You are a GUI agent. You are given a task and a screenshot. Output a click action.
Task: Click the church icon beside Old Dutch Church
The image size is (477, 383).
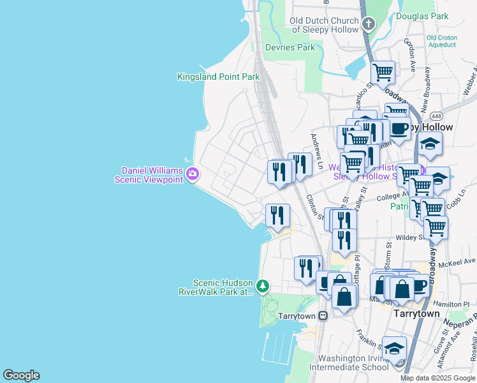368,25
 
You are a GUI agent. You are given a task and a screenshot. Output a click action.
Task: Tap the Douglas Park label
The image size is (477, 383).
422,16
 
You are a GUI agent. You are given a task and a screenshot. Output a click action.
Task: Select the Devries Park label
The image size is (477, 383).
291,47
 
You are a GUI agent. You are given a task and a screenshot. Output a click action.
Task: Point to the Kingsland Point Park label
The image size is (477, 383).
218,77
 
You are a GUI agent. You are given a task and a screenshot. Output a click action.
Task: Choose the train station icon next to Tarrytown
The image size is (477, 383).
323,315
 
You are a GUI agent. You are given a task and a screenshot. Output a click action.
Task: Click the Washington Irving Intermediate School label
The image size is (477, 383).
349,363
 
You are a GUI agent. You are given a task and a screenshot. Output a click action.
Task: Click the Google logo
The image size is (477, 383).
21,375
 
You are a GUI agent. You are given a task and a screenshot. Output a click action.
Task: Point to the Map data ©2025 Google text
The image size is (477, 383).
437,378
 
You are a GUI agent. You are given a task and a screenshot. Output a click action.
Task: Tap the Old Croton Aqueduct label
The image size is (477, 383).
442,41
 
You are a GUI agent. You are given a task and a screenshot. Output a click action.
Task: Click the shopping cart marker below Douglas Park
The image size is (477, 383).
383,73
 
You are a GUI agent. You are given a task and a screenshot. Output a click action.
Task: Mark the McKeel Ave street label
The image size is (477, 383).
460,261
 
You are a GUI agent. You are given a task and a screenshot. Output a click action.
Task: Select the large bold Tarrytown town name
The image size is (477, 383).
416,314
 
